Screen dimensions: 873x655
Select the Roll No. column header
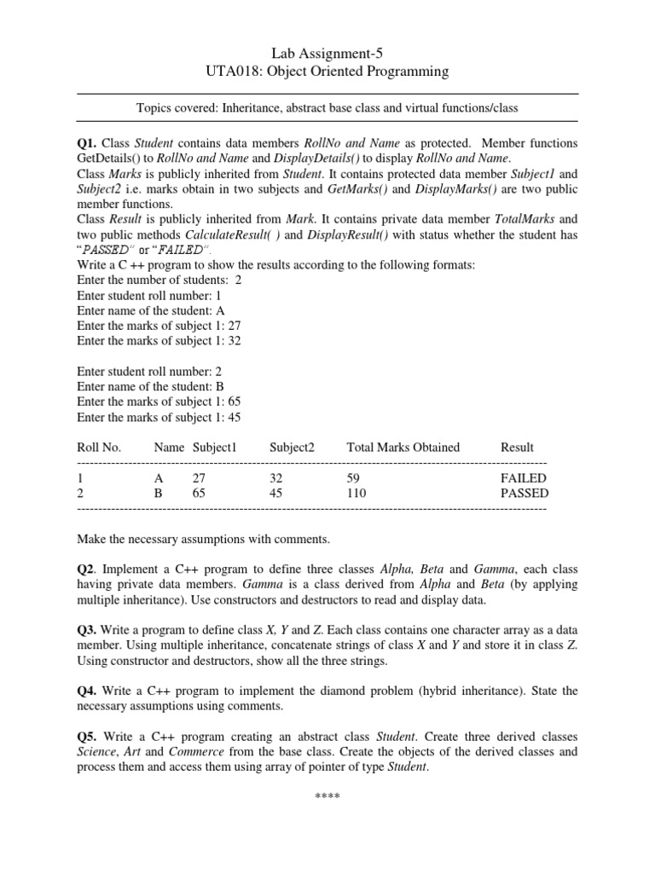tap(100, 447)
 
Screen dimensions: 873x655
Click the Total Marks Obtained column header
tap(403, 447)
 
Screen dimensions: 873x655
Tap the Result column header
tap(517, 447)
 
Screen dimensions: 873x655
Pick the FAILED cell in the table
tap(523, 478)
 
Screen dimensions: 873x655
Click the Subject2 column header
tap(292, 447)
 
